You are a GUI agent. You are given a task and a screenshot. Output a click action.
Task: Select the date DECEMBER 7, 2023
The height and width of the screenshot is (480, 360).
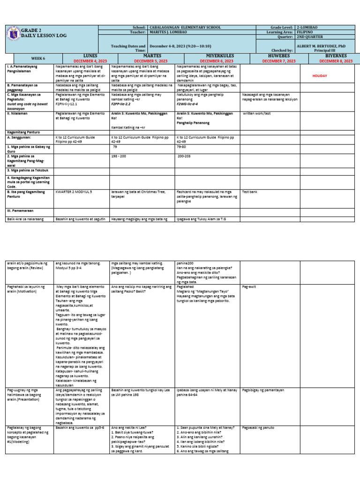tap(279, 61)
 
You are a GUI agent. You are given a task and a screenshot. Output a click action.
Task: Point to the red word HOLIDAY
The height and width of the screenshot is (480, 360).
tap(320, 75)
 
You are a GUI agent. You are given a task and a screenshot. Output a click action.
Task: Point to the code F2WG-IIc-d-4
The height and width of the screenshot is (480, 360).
tap(187, 104)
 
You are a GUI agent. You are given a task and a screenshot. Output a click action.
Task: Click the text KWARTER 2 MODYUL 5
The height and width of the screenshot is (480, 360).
tap(74, 191)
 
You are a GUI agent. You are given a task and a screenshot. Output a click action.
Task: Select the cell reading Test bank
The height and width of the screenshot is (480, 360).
tap(249, 191)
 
